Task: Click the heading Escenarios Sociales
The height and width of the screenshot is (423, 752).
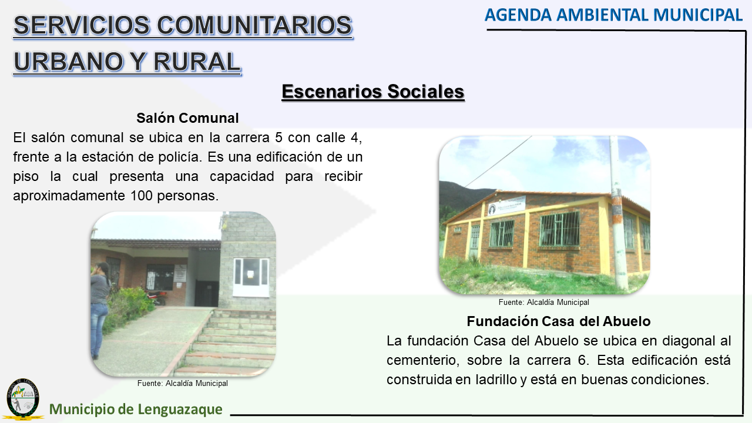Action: (373, 92)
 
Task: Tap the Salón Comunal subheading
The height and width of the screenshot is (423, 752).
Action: (187, 118)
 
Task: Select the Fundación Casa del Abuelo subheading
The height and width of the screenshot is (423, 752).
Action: (559, 321)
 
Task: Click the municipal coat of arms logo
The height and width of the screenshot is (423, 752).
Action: (23, 399)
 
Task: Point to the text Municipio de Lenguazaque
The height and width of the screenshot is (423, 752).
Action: (136, 409)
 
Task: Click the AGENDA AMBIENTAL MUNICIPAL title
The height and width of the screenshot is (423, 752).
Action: (613, 15)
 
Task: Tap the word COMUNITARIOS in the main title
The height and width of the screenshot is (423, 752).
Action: (254, 25)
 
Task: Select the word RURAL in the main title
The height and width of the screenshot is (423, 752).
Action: (197, 62)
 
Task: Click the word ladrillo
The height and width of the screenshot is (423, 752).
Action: (496, 380)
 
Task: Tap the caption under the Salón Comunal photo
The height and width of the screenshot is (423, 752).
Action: (183, 384)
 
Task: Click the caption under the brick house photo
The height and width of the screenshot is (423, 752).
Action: (544, 303)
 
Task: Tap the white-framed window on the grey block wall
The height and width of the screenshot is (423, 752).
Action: (251, 277)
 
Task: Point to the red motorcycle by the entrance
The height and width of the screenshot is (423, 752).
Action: (155, 297)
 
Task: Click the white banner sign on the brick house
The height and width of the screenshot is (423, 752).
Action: (506, 206)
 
